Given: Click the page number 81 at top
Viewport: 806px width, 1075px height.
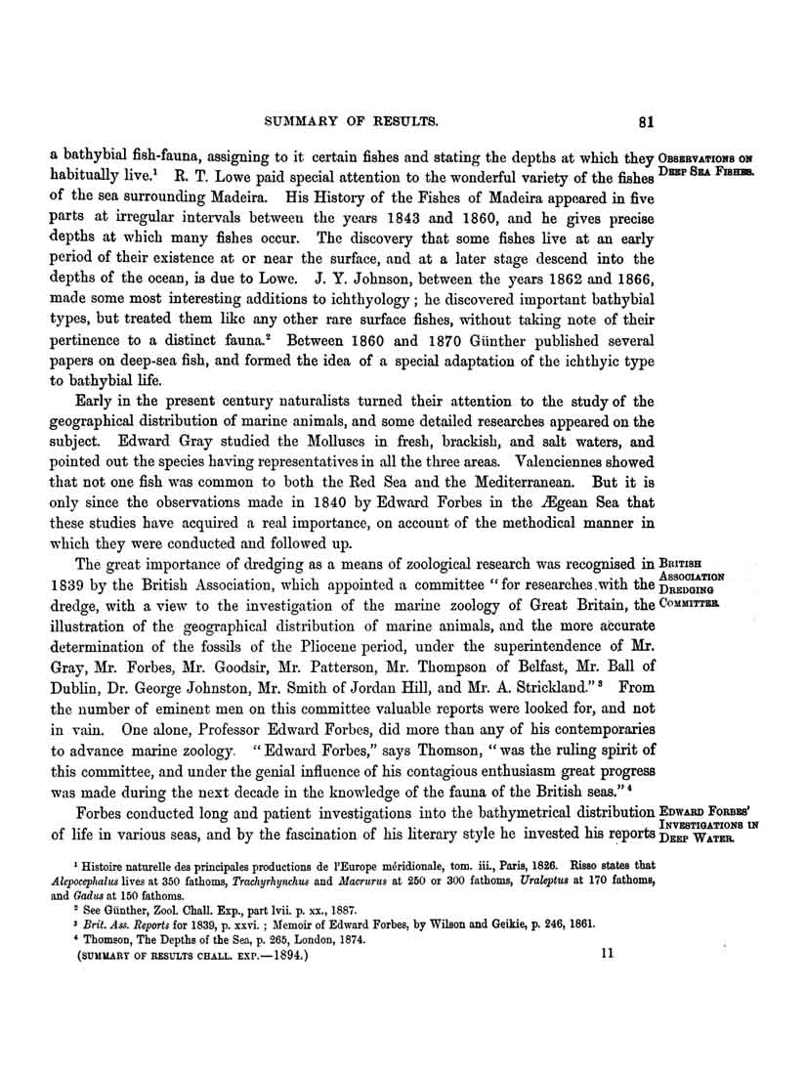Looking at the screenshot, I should [x=645, y=123].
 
